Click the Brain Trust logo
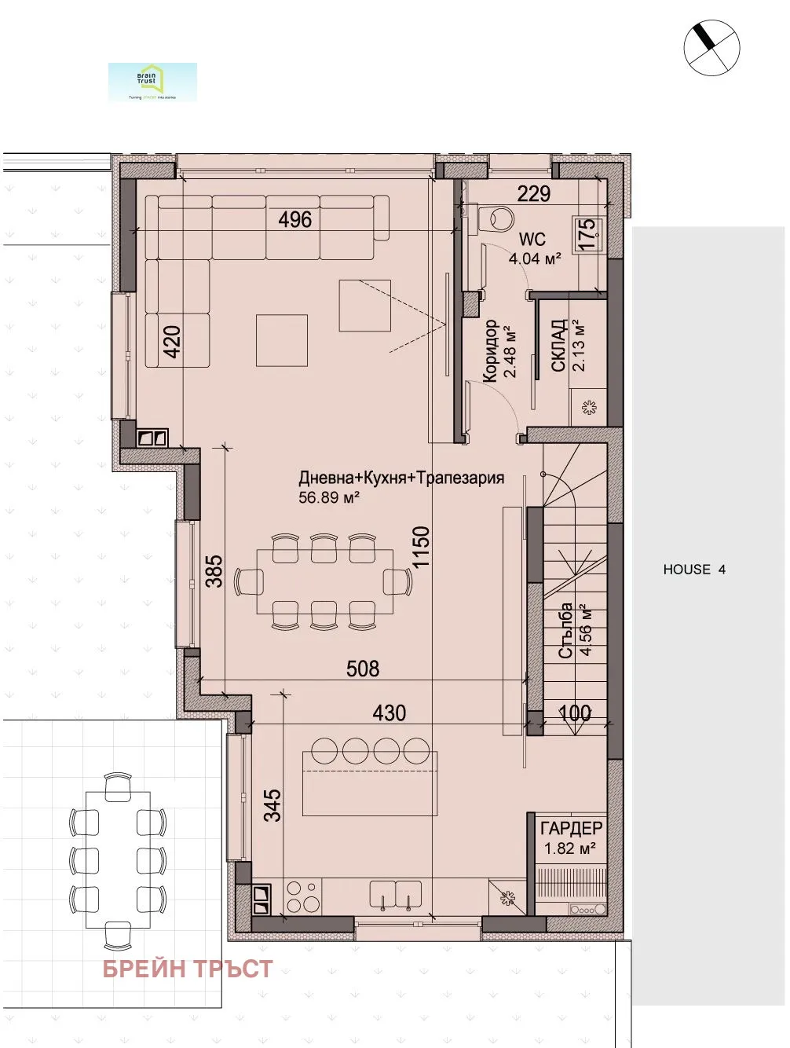tap(152, 82)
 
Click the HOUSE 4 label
tap(694, 570)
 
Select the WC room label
tap(532, 239)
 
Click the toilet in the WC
tap(496, 216)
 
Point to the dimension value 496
tap(295, 220)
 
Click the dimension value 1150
tap(421, 548)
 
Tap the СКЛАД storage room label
tap(558, 346)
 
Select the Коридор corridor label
tap(490, 350)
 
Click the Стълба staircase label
tap(565, 630)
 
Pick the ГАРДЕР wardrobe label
tap(571, 828)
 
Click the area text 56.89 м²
tap(329, 497)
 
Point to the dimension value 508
tap(363, 669)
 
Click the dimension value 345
tap(272, 805)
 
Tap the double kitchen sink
tap(396, 895)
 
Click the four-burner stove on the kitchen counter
tap(303, 896)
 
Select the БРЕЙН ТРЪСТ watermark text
tap(188, 969)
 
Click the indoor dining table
tap(324, 581)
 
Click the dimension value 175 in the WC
tap(587, 235)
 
